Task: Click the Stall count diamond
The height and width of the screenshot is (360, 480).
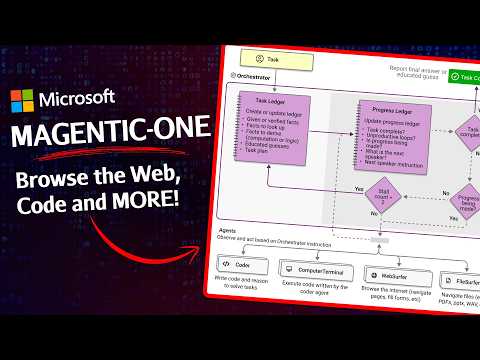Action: point(385,192)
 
